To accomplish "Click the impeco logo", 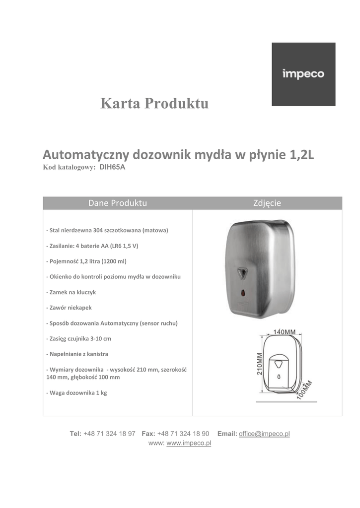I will (303, 74).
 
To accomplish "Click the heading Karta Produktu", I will (154, 104).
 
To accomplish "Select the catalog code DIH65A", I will (113, 167).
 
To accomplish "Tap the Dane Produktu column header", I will (118, 203).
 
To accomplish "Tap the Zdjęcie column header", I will (267, 203).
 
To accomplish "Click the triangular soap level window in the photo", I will (243, 273).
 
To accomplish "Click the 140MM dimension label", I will (285, 332).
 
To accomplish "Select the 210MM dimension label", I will (259, 365).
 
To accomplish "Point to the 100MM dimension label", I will (305, 390).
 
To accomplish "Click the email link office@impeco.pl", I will (264, 434).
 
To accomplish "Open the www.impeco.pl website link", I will (189, 443).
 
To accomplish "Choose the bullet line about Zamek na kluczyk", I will (71, 292).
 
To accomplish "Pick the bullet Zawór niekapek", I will (69, 308).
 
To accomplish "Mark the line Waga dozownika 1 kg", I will (76, 392).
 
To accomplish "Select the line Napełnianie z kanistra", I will (77, 354).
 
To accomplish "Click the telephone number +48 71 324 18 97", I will (109, 434).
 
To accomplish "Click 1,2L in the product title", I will (301, 155).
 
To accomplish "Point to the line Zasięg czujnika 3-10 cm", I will (78, 338).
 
